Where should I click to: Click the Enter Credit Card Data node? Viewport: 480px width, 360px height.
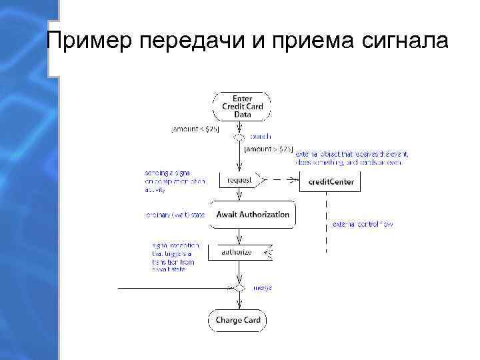(242, 107)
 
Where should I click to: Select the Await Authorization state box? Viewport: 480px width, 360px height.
(252, 215)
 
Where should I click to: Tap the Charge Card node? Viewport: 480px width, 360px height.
(238, 321)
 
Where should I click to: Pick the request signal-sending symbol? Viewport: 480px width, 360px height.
(241, 180)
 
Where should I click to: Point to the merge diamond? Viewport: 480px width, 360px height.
(238, 288)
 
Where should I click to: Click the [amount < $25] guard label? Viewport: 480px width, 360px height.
(196, 128)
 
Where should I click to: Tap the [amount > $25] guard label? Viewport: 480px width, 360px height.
(268, 149)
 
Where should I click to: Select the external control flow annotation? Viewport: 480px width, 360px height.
(362, 225)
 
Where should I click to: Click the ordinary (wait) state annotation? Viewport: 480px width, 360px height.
(175, 215)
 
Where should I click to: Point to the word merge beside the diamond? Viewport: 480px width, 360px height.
(262, 288)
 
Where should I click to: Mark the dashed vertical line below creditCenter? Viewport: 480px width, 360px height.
(326, 220)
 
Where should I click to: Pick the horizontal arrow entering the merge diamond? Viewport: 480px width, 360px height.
(173, 288)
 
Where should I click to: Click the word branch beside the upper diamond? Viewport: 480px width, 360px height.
(260, 137)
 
